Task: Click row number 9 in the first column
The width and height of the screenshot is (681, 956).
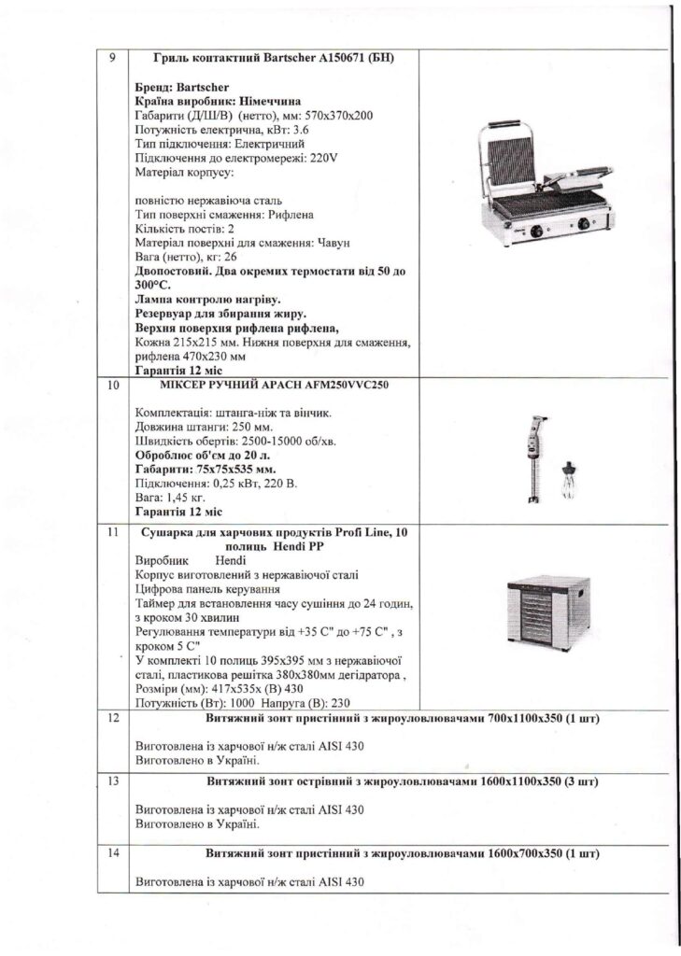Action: (112, 58)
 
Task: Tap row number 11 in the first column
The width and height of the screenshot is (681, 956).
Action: (113, 532)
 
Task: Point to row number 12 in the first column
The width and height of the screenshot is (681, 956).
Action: (114, 720)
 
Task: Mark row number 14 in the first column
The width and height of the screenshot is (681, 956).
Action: (114, 853)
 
